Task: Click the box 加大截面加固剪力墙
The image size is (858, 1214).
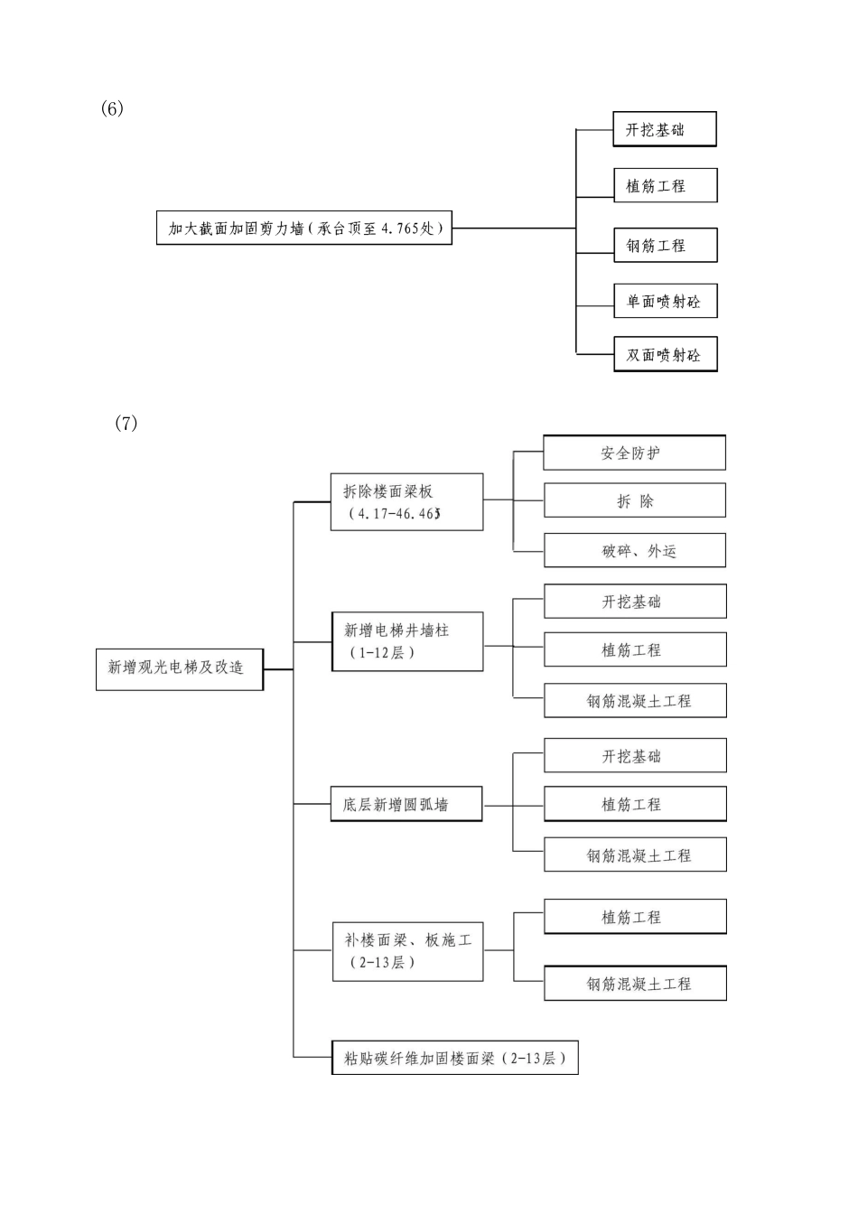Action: coord(304,229)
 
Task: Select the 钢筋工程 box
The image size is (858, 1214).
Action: coord(665,246)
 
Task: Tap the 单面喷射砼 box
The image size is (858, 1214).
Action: coord(665,302)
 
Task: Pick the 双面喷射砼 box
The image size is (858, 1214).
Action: coord(665,355)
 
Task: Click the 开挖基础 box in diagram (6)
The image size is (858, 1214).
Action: coord(664,130)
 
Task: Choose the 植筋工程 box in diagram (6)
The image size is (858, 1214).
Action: coord(665,186)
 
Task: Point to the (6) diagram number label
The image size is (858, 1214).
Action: coord(112,108)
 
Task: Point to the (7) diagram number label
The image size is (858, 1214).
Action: coord(126,423)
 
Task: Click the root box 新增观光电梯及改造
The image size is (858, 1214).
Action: coord(180,668)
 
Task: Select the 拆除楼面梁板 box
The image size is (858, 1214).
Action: coord(406,502)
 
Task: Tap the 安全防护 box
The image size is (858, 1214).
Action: coord(634,453)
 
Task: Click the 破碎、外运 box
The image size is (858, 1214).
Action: coord(634,551)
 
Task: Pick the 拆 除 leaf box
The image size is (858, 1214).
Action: coord(634,501)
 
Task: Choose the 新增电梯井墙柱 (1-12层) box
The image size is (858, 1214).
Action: coord(407,641)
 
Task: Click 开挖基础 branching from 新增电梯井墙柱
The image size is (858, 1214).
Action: coord(635,602)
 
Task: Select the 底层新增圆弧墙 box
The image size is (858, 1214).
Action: coord(406,804)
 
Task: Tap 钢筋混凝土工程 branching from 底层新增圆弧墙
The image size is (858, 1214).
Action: coord(635,854)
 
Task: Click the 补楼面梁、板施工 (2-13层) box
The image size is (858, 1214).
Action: coord(407,951)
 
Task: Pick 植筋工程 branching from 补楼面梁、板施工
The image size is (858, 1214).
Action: coord(635,917)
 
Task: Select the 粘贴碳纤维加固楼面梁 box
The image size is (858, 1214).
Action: coord(454,1058)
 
